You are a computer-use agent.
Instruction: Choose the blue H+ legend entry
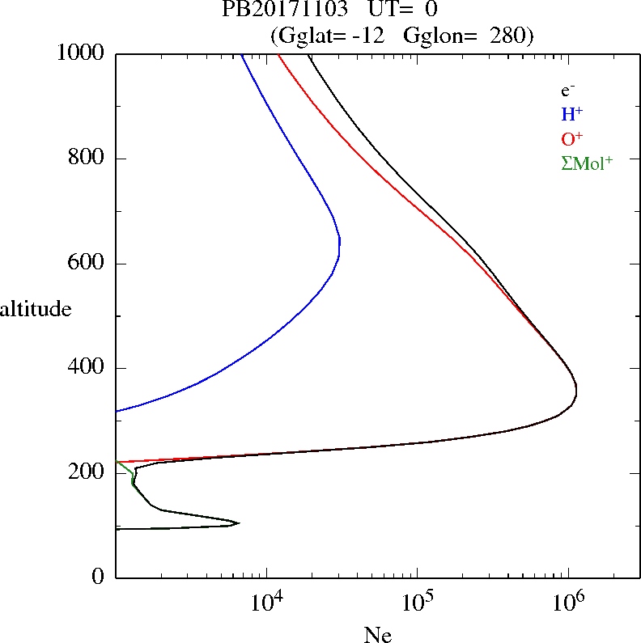(571, 114)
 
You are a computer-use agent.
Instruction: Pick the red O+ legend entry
(571, 138)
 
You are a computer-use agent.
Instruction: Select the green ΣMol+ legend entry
(587, 163)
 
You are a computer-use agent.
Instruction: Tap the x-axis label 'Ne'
(378, 635)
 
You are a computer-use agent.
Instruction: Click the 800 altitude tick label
(87, 159)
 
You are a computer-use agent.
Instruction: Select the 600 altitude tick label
(87, 264)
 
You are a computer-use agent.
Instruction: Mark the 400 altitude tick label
(87, 368)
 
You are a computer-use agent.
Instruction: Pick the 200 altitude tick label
(87, 473)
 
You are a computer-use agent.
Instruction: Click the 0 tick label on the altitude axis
(98, 577)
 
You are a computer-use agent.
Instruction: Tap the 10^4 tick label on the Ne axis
(266, 602)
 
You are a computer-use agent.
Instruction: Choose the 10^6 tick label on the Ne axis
(568, 602)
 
